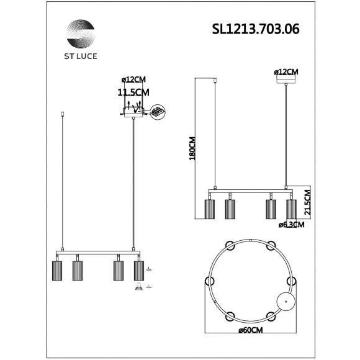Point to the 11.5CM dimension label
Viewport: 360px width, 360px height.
pos(133,92)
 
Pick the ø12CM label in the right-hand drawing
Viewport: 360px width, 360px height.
pos(286,73)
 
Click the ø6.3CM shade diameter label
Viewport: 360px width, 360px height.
pos(291,225)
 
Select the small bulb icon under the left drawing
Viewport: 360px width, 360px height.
pos(138,287)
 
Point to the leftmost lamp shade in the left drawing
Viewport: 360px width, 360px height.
pos(56,270)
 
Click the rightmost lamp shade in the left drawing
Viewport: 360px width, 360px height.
pos(139,270)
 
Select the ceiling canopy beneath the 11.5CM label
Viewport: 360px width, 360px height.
pos(133,112)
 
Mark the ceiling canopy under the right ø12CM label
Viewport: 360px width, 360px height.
pos(286,80)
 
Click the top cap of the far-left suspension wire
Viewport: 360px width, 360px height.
pos(63,114)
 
